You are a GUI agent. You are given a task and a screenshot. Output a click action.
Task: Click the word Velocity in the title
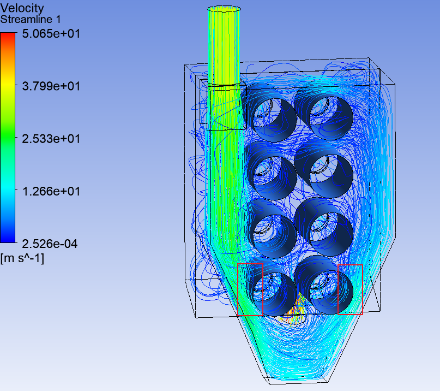[x=22, y=8]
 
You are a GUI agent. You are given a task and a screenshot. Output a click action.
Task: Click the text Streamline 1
[x=31, y=20]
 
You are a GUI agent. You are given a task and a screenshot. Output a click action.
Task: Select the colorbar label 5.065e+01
[x=51, y=33]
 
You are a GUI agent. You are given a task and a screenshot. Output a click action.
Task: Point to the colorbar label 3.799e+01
[x=51, y=86]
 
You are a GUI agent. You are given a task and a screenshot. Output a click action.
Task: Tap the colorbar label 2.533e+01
[x=51, y=139]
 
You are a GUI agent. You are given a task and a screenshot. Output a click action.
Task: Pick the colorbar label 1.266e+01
[x=51, y=191]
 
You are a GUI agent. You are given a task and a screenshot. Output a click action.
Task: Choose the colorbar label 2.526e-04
[x=50, y=244]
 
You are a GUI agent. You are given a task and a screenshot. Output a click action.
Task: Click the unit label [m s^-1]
[x=22, y=258]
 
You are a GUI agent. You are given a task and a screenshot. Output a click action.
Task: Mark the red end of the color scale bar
[x=8, y=35]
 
